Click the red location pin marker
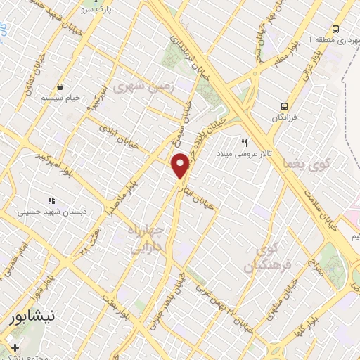(x=181, y=165)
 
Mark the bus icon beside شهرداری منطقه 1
(x=336, y=29)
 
